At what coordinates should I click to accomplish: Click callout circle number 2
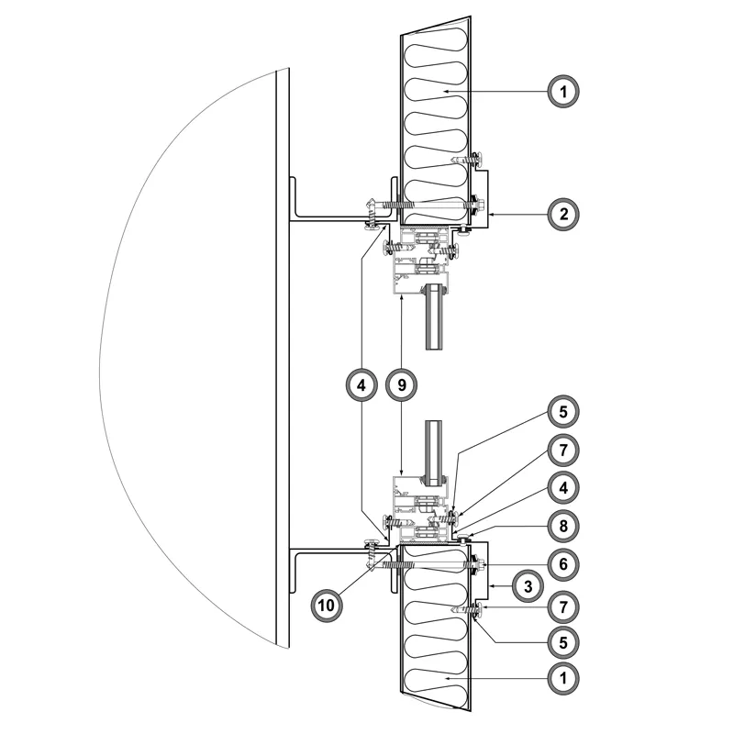coord(563,215)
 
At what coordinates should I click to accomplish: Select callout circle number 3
coord(528,586)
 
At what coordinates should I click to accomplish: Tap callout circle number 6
coord(563,564)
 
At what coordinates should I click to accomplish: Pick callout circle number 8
coord(563,526)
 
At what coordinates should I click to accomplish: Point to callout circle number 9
coord(402,384)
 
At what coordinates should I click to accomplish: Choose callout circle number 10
coord(327,606)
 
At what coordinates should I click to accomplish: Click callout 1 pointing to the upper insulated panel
coord(563,91)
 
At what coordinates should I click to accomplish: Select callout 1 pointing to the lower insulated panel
coord(563,678)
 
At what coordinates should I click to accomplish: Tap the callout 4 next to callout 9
coord(361,384)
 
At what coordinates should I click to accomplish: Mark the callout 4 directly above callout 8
coord(563,488)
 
